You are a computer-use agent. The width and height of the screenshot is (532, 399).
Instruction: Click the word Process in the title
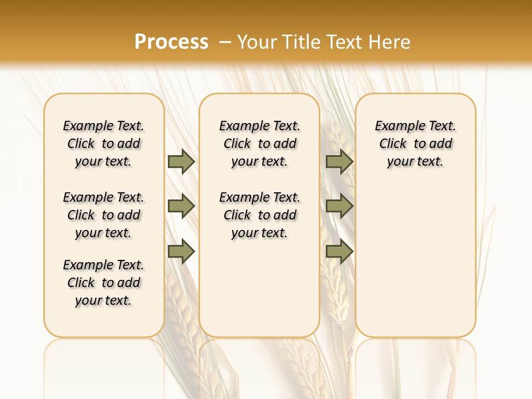171,42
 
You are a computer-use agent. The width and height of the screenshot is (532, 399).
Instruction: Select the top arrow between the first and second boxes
181,161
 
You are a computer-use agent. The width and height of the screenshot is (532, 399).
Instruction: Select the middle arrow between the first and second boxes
181,206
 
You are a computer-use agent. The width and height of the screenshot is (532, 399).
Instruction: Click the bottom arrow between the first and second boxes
181,252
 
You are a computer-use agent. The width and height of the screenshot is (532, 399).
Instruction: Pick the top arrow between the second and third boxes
339,161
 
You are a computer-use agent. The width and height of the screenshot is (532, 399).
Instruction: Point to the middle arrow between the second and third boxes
339,206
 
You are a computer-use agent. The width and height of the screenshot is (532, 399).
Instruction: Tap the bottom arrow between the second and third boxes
339,252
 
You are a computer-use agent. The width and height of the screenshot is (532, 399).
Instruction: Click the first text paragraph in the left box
104,144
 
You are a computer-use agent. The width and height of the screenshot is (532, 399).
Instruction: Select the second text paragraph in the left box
104,215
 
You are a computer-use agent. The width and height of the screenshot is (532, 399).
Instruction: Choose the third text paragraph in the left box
104,283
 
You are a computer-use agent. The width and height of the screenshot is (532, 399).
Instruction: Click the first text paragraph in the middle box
259,144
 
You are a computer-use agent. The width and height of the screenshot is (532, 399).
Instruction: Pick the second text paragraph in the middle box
259,215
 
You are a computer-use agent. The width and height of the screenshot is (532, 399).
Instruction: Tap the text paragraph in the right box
416,144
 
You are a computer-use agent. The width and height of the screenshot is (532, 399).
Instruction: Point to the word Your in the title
257,42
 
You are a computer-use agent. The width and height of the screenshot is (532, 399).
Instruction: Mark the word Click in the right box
393,144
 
